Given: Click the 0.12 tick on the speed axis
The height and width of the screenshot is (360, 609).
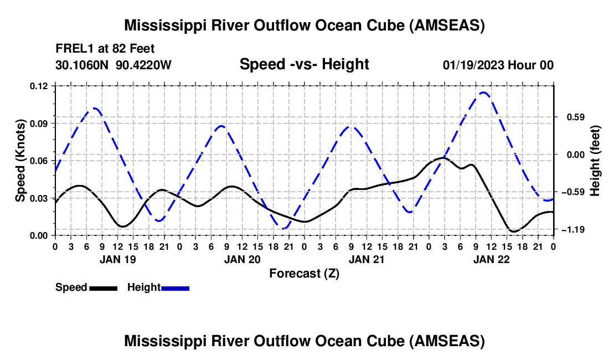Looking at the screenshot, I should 41,86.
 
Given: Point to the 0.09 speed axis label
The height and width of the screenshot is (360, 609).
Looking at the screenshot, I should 41,123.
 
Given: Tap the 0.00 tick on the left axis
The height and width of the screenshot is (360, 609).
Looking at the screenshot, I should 41,235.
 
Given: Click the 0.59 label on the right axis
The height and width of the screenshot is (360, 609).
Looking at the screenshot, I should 571,117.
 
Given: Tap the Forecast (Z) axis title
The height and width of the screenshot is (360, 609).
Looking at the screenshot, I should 304,273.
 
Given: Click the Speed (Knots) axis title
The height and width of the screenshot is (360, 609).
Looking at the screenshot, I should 20,160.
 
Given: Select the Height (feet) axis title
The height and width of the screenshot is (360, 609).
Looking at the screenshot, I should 595,160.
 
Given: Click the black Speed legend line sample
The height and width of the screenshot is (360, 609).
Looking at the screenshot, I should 103,287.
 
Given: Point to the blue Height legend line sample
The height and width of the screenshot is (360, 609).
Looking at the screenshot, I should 175,287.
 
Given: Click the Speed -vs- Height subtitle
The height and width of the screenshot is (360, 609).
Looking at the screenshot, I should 304,65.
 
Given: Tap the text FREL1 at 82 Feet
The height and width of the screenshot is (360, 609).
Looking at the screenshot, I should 104,48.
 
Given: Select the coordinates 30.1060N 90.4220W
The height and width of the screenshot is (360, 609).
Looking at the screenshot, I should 113,65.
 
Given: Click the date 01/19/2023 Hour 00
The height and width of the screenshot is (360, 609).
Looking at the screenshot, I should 498,65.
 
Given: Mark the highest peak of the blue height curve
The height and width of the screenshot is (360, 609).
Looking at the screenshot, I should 484,92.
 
